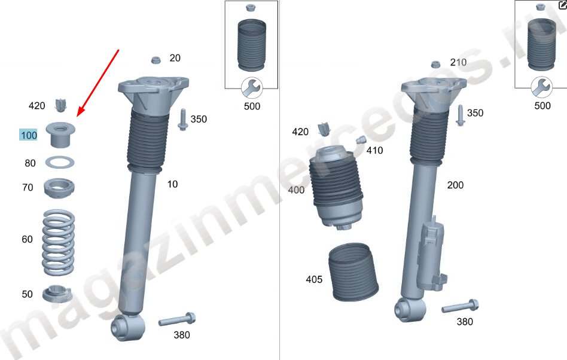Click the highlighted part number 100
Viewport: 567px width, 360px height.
click(x=29, y=135)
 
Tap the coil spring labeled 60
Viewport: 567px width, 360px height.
click(x=58, y=243)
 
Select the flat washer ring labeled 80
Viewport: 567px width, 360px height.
click(x=60, y=162)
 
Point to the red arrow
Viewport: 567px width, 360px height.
click(x=98, y=83)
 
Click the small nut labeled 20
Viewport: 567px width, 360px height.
click(x=156, y=60)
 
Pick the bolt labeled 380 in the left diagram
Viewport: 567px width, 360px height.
click(x=177, y=319)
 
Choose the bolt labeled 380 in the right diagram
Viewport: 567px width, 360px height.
click(x=461, y=306)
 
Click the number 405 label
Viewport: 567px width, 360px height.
click(x=314, y=279)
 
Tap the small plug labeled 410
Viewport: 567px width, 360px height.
click(x=360, y=140)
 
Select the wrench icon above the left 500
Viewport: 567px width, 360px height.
click(x=252, y=88)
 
